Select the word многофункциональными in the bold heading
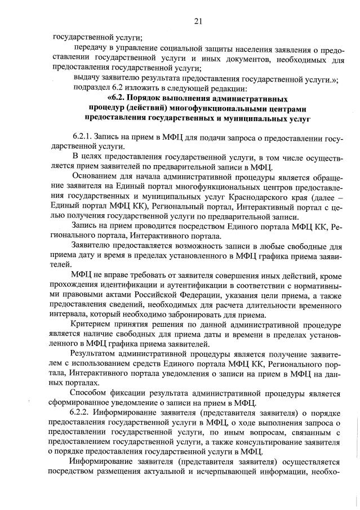pyautogui.click(x=226, y=108)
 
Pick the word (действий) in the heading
pyautogui.click(x=149, y=108)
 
